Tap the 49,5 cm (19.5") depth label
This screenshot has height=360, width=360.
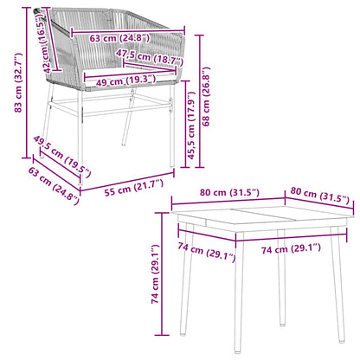(61, 159)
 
